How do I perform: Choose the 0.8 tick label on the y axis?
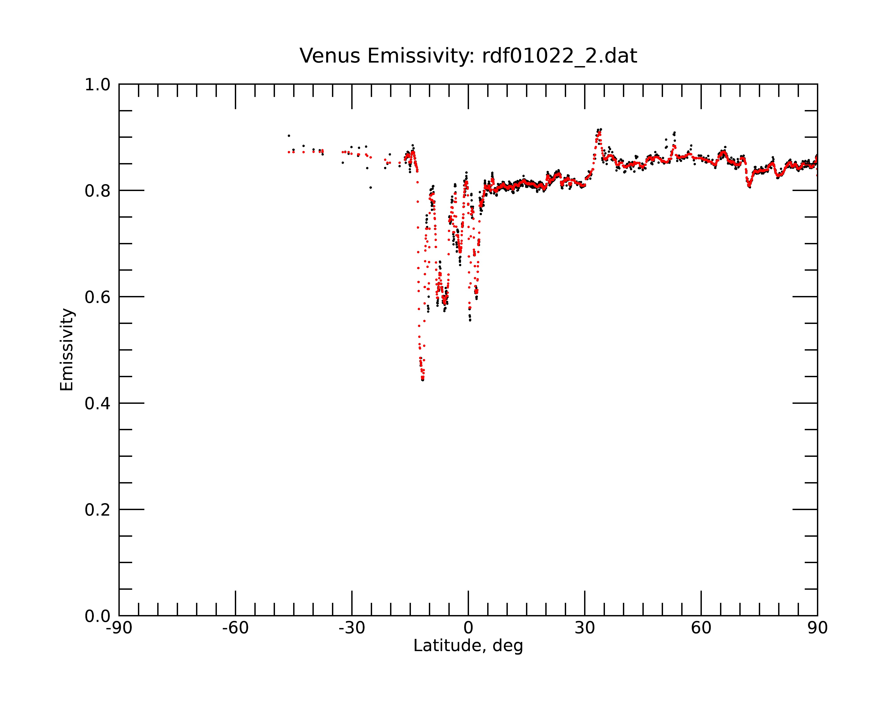(x=98, y=191)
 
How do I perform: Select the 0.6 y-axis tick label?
(x=98, y=297)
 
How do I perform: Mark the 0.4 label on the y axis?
(x=98, y=404)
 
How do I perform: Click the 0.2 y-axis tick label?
(x=98, y=510)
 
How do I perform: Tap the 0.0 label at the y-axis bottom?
(x=98, y=616)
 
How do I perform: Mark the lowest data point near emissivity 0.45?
(x=422, y=379)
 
